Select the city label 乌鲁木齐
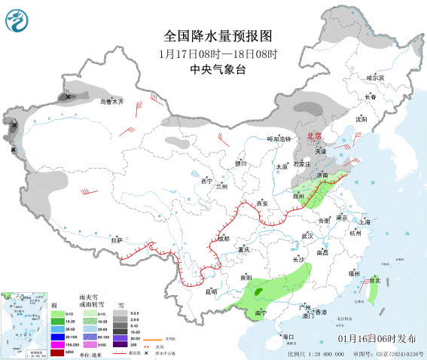(111, 101)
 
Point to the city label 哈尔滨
(374, 78)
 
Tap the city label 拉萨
(117, 240)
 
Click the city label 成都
(223, 238)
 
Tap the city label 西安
(262, 204)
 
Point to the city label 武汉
(307, 236)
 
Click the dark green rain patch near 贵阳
(260, 289)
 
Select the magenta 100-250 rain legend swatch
(56, 343)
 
